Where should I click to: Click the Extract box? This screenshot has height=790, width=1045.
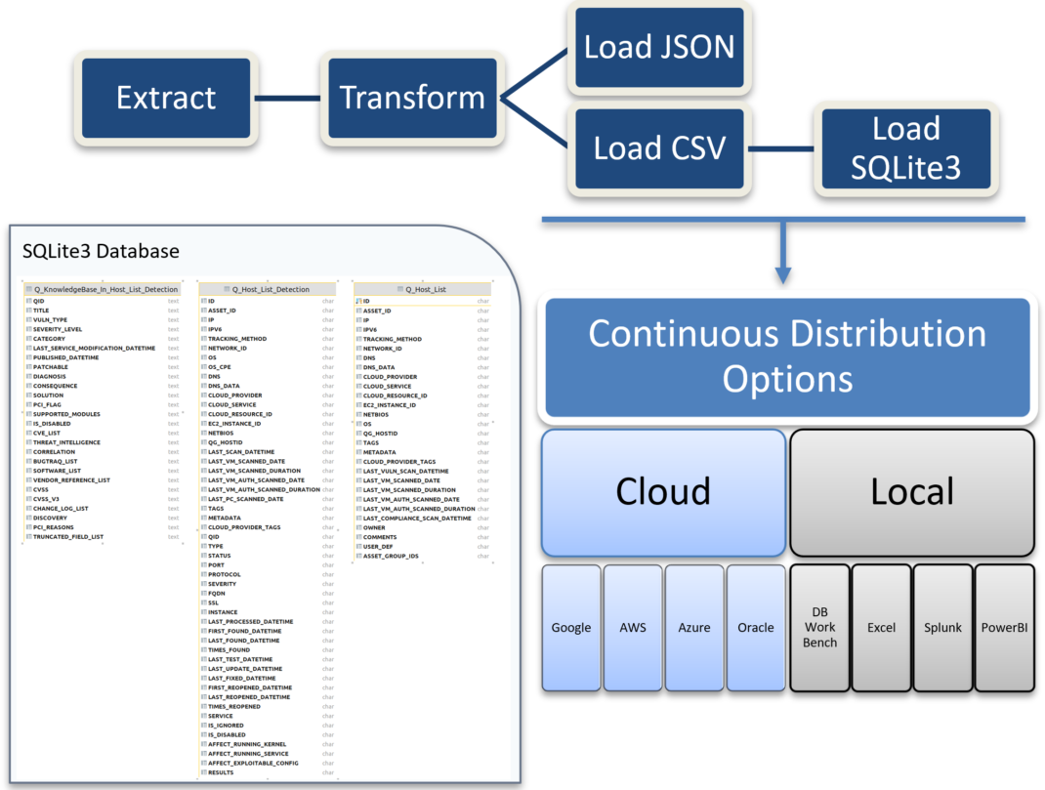click(166, 98)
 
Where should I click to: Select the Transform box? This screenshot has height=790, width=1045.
click(411, 98)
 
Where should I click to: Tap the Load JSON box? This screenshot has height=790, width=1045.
click(659, 46)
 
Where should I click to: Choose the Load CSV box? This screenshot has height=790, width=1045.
click(659, 148)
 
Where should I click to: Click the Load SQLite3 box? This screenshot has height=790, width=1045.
click(905, 148)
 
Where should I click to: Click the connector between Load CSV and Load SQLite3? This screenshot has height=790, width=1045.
click(781, 149)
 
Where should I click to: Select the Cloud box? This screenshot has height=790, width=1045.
click(663, 490)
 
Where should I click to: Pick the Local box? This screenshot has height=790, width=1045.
click(911, 490)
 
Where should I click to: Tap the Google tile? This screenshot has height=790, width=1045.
click(570, 627)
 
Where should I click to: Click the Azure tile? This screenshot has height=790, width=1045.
click(693, 627)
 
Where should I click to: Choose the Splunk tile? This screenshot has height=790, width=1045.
click(942, 627)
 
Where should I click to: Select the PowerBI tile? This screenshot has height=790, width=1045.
click(1004, 627)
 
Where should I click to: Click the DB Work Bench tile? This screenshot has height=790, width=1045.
click(819, 627)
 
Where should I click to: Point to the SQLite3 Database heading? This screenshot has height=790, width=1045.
click(101, 251)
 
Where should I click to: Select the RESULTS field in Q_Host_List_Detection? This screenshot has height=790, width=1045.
click(221, 772)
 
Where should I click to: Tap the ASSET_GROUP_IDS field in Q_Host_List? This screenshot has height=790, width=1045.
click(390, 556)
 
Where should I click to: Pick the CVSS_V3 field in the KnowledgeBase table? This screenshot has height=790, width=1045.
click(49, 499)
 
